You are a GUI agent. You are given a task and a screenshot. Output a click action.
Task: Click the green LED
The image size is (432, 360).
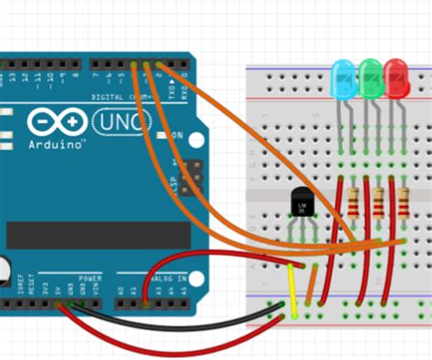(370, 76)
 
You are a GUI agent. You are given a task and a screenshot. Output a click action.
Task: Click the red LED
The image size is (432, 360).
(396, 76)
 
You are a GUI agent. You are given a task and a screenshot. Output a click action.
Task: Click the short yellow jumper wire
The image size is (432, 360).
(293, 290)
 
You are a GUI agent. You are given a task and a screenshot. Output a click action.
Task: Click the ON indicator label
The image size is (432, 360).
(177, 136)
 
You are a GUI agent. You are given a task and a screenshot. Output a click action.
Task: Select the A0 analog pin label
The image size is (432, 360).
(119, 290)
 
